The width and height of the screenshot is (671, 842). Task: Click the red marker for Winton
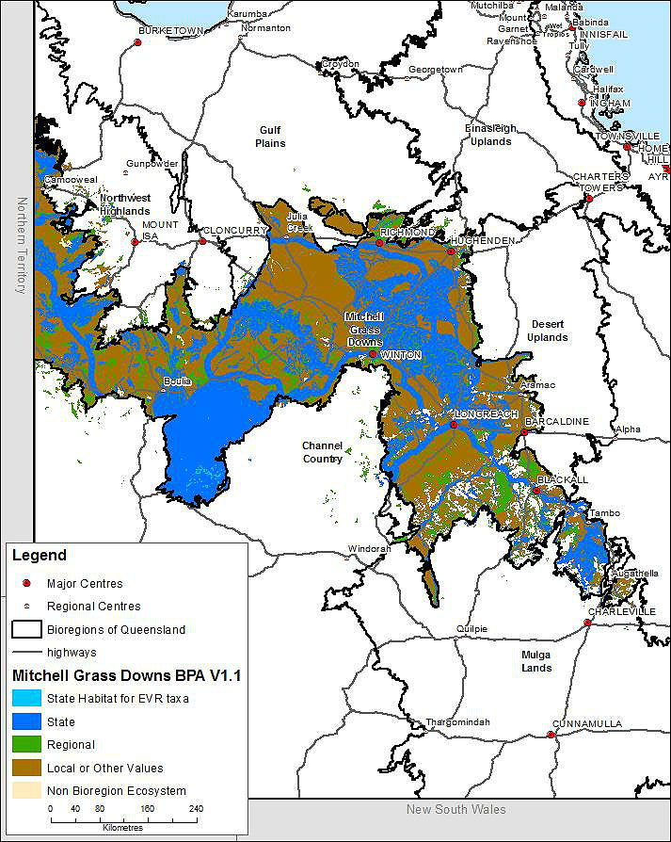374,354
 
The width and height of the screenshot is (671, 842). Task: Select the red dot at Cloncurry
202,241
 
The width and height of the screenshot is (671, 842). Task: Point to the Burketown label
171,30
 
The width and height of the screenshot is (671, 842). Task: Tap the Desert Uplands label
548,331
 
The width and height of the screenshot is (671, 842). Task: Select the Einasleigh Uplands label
487,135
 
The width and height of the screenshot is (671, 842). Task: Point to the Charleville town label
622,611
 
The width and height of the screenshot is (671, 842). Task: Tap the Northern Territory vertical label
19,245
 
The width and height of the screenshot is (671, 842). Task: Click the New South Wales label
455,810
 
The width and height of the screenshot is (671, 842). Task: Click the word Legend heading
40,556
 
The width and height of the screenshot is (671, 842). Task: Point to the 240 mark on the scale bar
196,808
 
